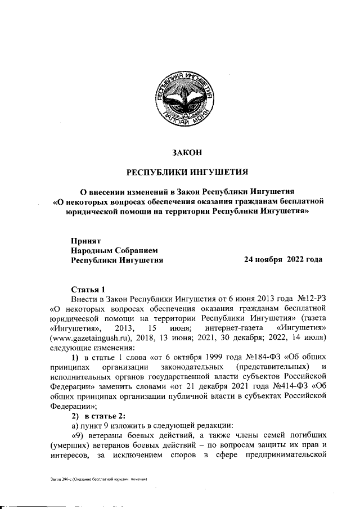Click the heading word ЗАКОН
[186, 152]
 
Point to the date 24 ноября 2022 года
[283, 260]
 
